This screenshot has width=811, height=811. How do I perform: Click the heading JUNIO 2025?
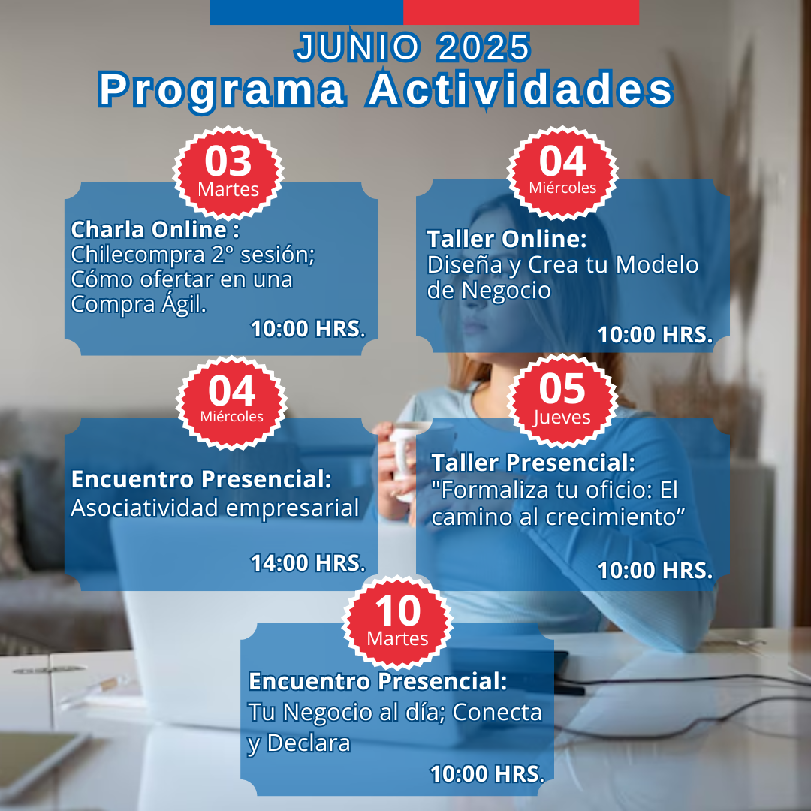412,47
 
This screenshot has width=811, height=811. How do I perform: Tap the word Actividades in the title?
520,89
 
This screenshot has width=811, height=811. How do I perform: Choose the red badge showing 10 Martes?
397,623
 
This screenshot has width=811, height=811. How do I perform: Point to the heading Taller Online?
507,239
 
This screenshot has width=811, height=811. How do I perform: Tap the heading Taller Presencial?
533,463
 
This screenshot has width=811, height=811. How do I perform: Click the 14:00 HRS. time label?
309,562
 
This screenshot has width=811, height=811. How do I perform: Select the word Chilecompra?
137,255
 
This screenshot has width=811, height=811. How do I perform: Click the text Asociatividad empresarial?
215,508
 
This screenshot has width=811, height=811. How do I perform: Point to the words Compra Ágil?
139,303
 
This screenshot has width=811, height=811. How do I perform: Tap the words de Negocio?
489,290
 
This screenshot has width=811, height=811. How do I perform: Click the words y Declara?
299,743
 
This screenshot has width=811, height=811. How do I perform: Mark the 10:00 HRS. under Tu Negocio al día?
487,773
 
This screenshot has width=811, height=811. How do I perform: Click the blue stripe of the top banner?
306,12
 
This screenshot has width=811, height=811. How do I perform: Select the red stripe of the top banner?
521,12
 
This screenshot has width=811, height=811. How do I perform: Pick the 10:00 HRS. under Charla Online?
309,329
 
